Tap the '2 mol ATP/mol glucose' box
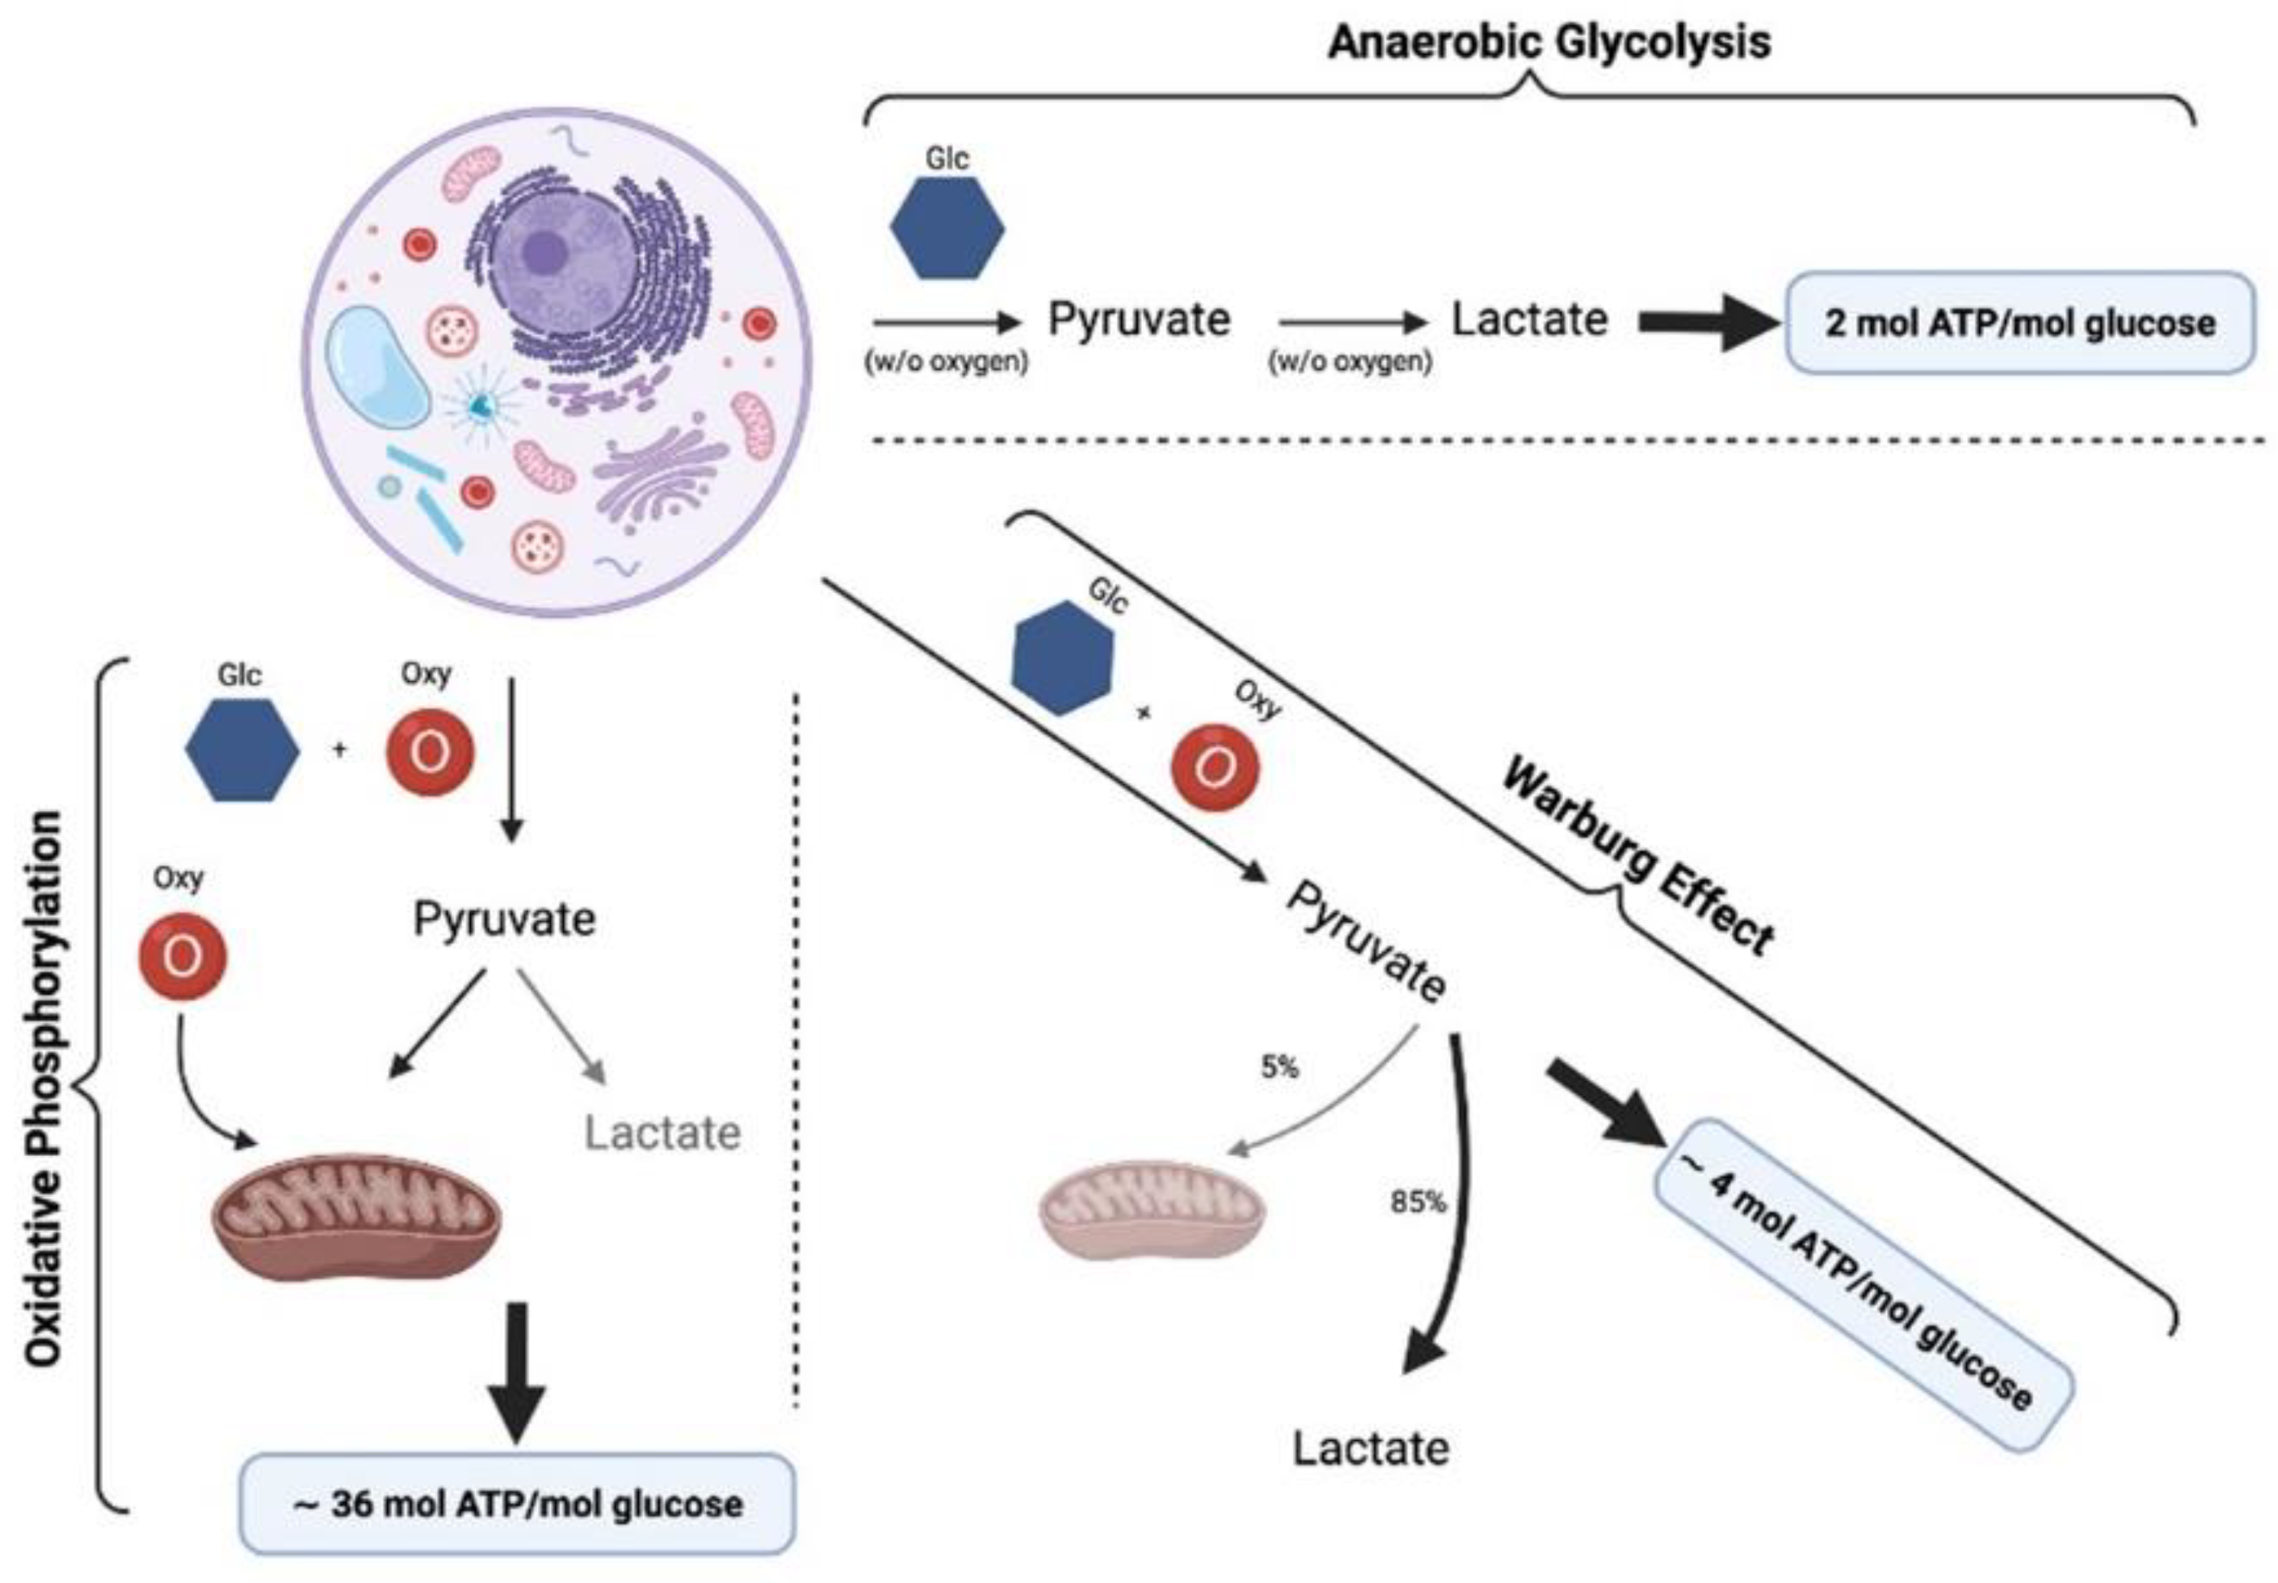[x=2020, y=323]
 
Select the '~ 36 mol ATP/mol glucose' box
[x=517, y=1504]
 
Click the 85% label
[x=1417, y=1202]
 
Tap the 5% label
[x=1279, y=1068]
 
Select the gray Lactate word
[x=662, y=1132]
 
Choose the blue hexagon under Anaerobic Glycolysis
[x=946, y=228]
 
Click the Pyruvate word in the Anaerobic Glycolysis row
[x=1139, y=319]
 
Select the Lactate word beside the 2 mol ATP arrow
[x=1529, y=319]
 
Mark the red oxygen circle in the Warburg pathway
[x=1215, y=769]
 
